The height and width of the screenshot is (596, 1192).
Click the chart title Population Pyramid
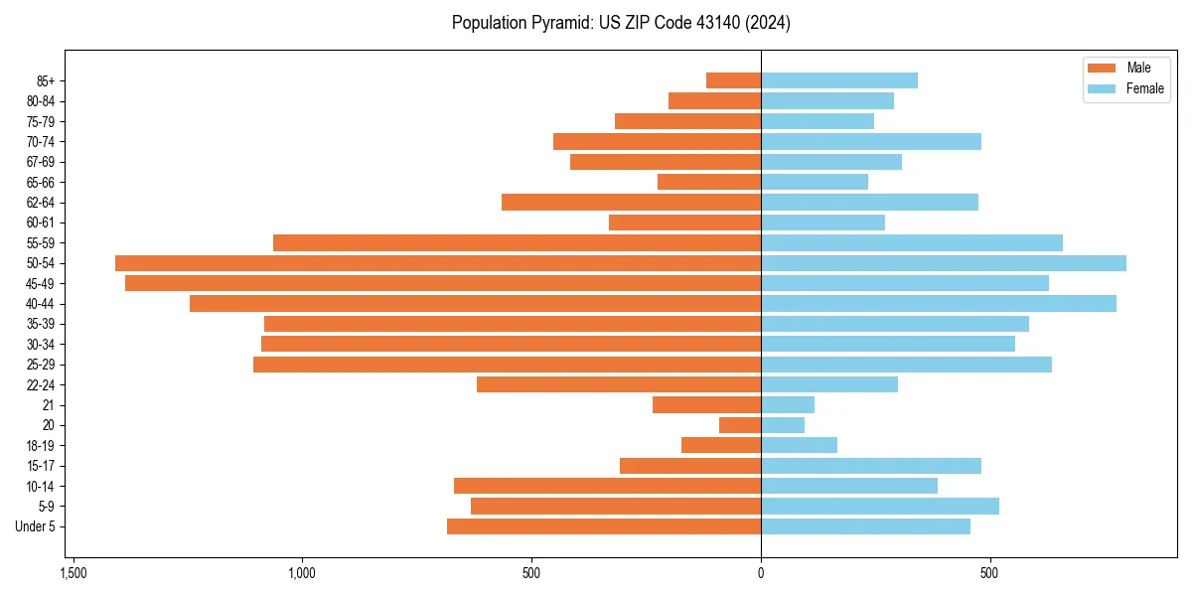point(621,23)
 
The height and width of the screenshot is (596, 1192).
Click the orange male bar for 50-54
point(438,263)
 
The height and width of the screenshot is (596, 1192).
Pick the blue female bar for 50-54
point(944,263)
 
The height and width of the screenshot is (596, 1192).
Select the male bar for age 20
point(740,425)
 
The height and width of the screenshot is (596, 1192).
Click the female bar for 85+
point(839,80)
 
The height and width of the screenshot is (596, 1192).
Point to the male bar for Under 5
point(604,526)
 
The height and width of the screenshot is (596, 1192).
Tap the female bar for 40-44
point(939,304)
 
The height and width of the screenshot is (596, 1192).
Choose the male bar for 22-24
point(619,384)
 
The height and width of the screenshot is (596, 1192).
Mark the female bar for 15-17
point(871,466)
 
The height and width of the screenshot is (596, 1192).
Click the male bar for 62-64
point(631,203)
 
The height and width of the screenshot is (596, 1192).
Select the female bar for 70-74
point(871,142)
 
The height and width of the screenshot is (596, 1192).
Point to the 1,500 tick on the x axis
point(73,573)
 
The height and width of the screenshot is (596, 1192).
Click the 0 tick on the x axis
point(761,573)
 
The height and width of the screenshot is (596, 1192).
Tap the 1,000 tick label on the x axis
point(302,573)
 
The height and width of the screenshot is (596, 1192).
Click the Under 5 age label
point(36,526)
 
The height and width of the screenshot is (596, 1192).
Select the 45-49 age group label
point(41,283)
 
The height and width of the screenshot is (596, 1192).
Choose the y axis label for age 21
point(49,405)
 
